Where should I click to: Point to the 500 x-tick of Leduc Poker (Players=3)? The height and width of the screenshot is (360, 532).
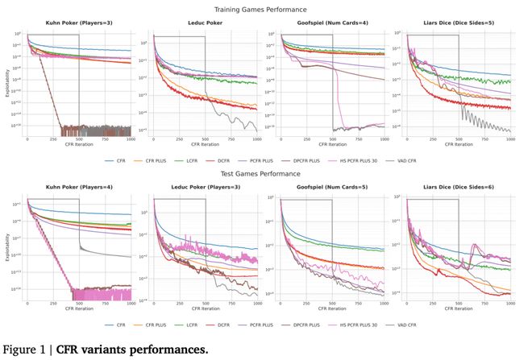205,304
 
